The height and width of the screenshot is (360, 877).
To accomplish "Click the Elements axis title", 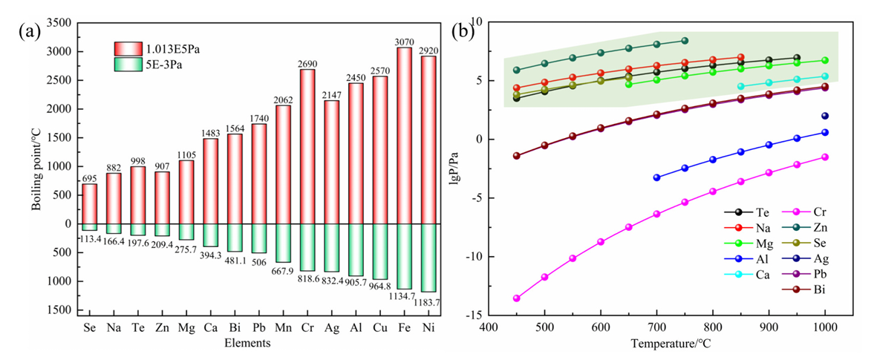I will click(x=249, y=343).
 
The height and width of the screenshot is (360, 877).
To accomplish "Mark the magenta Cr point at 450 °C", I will click(x=516, y=298).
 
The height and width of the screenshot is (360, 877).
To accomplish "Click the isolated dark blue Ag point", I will click(x=824, y=116).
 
